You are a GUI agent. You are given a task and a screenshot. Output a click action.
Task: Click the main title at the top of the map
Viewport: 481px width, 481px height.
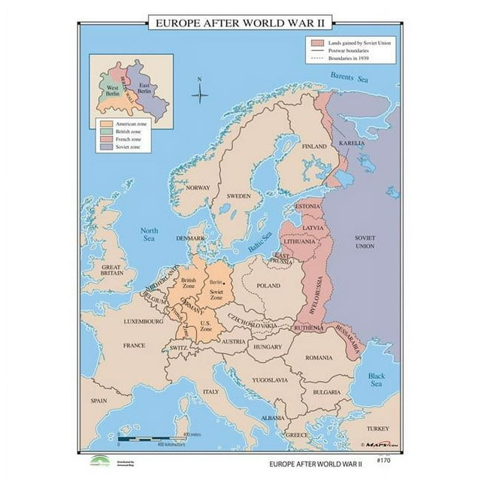(x=240, y=23)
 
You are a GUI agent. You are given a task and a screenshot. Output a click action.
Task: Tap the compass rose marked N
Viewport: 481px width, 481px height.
(x=199, y=94)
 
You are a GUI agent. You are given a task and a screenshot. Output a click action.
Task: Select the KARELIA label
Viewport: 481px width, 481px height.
(x=351, y=143)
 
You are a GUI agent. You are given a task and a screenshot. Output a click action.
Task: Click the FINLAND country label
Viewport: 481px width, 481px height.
(x=313, y=147)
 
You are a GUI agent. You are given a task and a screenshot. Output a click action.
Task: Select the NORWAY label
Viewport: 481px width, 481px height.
(x=198, y=188)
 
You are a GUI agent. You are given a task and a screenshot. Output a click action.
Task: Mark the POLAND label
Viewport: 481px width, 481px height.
(x=268, y=286)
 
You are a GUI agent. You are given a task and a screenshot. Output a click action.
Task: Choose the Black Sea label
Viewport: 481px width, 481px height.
(x=376, y=379)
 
